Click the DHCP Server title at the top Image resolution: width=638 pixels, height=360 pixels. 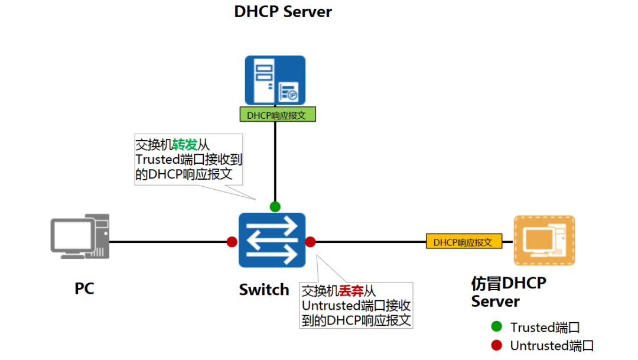tap(283, 12)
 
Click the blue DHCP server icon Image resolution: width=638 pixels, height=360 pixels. tap(275, 80)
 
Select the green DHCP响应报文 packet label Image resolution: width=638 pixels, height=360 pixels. tap(277, 115)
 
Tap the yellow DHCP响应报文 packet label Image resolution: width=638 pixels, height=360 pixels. tap(464, 242)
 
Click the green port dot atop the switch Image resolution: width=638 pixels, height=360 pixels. tap(275, 206)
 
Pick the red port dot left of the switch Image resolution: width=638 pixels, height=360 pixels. tap(232, 242)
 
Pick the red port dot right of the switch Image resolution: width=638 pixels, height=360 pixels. tap(310, 242)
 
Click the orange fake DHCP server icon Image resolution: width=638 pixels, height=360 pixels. tap(544, 240)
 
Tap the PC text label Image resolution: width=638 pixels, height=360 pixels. tap(84, 288)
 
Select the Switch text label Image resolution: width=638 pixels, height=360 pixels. tap(264, 290)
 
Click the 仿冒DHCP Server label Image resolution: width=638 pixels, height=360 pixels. tap(508, 292)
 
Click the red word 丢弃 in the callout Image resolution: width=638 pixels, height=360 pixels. tap(351, 291)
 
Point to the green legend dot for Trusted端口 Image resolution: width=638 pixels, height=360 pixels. tap(496, 326)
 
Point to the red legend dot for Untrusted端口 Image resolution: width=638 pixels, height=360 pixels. tap(496, 345)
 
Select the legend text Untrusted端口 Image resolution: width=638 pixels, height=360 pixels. tap(552, 346)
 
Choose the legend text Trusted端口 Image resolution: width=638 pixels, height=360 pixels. tap(545, 327)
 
